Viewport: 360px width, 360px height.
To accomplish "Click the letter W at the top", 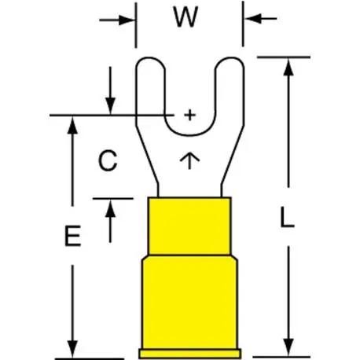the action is pyautogui.click(x=186, y=17).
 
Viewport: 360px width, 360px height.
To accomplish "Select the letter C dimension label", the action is pyautogui.click(x=108, y=160).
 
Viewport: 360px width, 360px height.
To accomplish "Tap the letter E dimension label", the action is pyautogui.click(x=72, y=236).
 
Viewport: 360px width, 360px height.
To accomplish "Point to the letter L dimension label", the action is pyautogui.click(x=287, y=216).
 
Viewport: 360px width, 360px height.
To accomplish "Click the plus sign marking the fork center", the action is pyautogui.click(x=189, y=115).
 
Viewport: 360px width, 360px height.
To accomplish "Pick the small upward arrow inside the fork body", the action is pyautogui.click(x=189, y=160).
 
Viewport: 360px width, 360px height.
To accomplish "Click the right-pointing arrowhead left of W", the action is pyautogui.click(x=127, y=20).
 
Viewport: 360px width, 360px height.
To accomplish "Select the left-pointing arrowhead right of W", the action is pyautogui.click(x=252, y=19).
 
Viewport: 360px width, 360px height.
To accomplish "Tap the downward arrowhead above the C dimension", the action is pyautogui.click(x=110, y=106).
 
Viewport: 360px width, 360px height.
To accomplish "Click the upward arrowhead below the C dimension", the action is pyautogui.click(x=110, y=208).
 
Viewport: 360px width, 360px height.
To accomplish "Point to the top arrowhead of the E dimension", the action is pyautogui.click(x=72, y=125).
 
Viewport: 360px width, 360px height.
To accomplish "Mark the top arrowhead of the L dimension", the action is pyautogui.click(x=288, y=67).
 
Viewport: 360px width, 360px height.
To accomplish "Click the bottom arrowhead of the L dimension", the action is pyautogui.click(x=288, y=347).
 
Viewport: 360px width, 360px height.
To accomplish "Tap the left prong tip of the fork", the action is pyautogui.click(x=150, y=58).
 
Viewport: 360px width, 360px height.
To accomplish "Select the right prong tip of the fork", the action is pyautogui.click(x=230, y=58).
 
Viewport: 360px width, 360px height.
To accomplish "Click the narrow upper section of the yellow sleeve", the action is pyautogui.click(x=189, y=226).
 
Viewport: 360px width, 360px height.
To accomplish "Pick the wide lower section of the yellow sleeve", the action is pyautogui.click(x=189, y=303).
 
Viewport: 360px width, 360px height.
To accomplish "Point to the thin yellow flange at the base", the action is pyautogui.click(x=190, y=354).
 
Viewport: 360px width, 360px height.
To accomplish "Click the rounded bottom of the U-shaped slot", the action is pyautogui.click(x=190, y=135).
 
